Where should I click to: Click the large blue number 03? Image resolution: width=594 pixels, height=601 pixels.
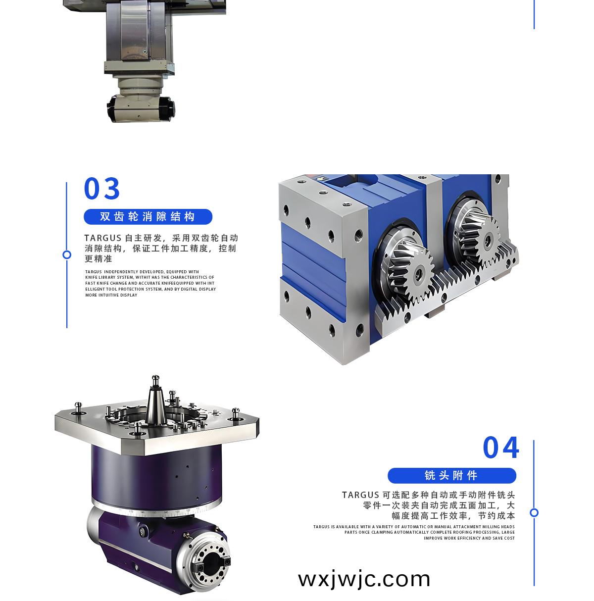[101, 188]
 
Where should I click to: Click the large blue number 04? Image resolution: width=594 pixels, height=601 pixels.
[501, 447]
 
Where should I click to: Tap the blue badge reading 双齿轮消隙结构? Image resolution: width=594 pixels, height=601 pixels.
[148, 216]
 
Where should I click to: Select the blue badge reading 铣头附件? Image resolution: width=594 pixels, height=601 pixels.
[451, 475]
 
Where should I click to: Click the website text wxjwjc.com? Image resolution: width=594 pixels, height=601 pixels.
[364, 580]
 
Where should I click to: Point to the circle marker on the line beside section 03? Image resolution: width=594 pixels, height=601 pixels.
[67, 255]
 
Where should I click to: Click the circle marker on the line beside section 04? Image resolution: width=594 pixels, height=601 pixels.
[534, 512]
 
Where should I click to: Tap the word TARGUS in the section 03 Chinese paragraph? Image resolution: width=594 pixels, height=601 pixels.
[103, 238]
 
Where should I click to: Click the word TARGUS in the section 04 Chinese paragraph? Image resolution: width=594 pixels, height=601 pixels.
[360, 495]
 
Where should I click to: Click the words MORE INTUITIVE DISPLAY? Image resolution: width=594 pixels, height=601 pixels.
[111, 295]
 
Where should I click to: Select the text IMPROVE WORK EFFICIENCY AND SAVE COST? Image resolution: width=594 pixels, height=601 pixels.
[469, 538]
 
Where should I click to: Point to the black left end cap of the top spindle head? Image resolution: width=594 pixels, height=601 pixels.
[113, 109]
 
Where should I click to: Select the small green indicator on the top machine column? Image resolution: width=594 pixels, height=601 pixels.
[145, 51]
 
